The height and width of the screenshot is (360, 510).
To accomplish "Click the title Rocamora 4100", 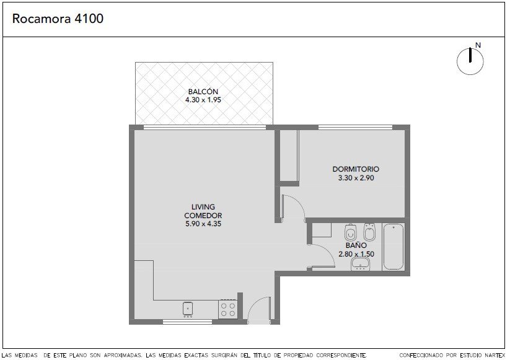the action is click(58, 19).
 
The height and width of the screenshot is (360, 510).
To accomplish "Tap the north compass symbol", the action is click(470, 61).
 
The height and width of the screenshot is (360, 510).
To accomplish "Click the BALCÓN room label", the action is click(203, 92).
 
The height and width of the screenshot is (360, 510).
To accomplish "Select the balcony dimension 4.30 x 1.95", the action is click(203, 100).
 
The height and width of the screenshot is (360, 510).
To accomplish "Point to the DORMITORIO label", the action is click(356, 169).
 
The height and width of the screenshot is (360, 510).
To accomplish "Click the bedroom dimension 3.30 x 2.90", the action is click(356, 178).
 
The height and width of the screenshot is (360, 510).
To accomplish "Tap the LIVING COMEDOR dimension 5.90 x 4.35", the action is click(203, 224).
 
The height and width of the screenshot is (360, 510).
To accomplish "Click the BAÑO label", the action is click(356, 245).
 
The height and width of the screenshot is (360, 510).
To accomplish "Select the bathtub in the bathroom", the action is click(393, 247).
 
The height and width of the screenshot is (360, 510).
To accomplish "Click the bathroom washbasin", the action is click(361, 264).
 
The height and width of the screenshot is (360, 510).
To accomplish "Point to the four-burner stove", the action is click(227, 309).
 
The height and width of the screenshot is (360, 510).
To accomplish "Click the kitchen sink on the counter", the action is click(188, 309).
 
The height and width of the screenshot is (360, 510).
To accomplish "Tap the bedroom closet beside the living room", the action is click(289, 155).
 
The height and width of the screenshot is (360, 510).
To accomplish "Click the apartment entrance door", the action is click(259, 310).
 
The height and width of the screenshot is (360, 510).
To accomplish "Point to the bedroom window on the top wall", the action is click(356, 127).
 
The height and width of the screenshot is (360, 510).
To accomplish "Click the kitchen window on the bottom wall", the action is click(187, 322).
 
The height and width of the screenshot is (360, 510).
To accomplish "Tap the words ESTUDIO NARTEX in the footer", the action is click(482, 356).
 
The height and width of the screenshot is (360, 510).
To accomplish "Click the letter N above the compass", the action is click(478, 45).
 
